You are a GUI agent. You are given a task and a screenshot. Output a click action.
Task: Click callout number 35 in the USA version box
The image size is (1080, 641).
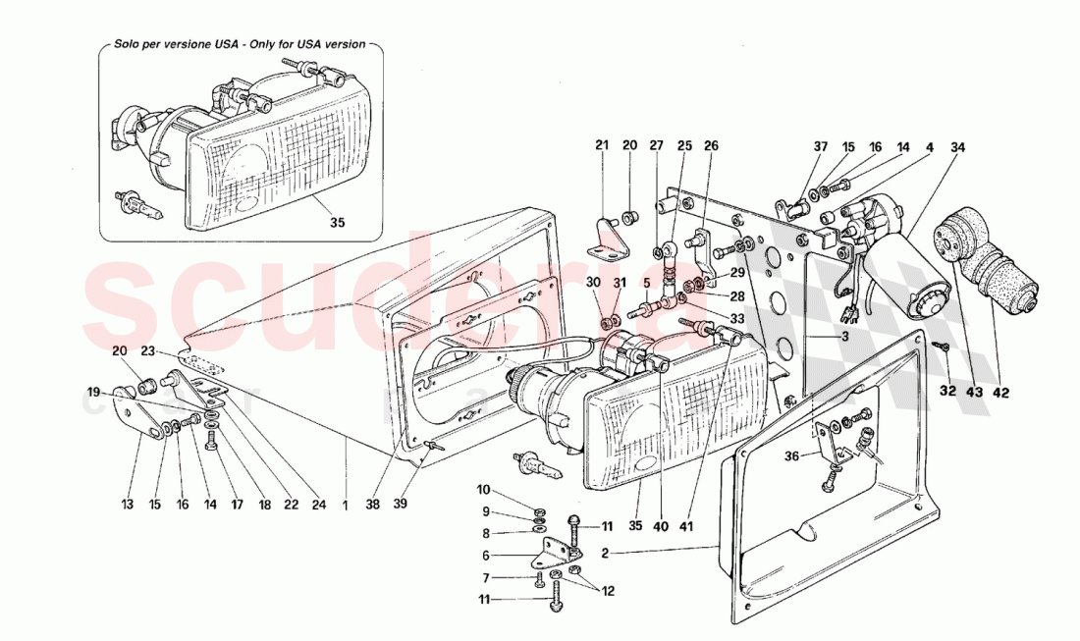(337, 223)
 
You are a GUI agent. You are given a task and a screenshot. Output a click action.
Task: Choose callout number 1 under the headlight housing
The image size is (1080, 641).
(346, 506)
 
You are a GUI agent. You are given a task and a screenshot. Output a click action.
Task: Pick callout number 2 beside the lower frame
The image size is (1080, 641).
(606, 554)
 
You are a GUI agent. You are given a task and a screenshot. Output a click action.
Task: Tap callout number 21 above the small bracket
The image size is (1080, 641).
(602, 146)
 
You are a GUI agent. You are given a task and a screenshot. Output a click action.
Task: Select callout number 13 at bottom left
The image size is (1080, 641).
(126, 506)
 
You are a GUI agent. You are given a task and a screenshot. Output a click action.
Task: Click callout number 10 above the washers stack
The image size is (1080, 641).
(483, 489)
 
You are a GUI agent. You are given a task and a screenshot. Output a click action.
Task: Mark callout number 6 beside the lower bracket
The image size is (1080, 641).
(483, 554)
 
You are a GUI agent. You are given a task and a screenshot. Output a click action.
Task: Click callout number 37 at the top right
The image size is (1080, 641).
(821, 147)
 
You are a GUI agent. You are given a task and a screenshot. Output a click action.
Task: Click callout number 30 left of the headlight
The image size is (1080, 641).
(593, 283)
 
